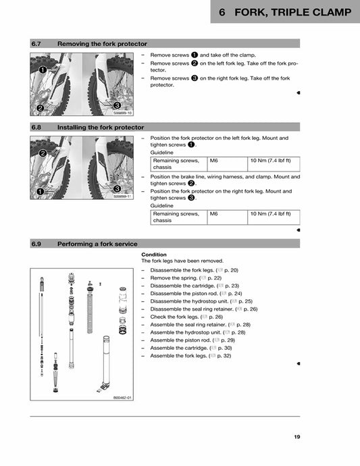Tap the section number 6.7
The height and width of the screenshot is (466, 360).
(x=37, y=44)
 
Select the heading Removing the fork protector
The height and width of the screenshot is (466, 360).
(x=102, y=44)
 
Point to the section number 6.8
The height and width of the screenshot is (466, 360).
(x=37, y=127)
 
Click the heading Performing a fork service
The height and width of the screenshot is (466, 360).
(x=97, y=244)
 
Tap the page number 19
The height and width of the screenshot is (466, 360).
(x=297, y=437)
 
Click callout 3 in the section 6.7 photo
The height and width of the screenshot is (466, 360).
(x=117, y=105)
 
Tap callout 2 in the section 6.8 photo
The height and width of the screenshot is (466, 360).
(x=44, y=153)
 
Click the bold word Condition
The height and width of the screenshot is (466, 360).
(x=153, y=255)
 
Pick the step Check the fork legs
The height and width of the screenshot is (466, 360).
(x=174, y=317)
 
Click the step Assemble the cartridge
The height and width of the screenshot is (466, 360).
(x=179, y=348)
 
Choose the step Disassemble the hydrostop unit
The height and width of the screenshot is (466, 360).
(x=188, y=301)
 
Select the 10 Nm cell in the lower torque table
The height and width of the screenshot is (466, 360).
(x=269, y=213)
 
